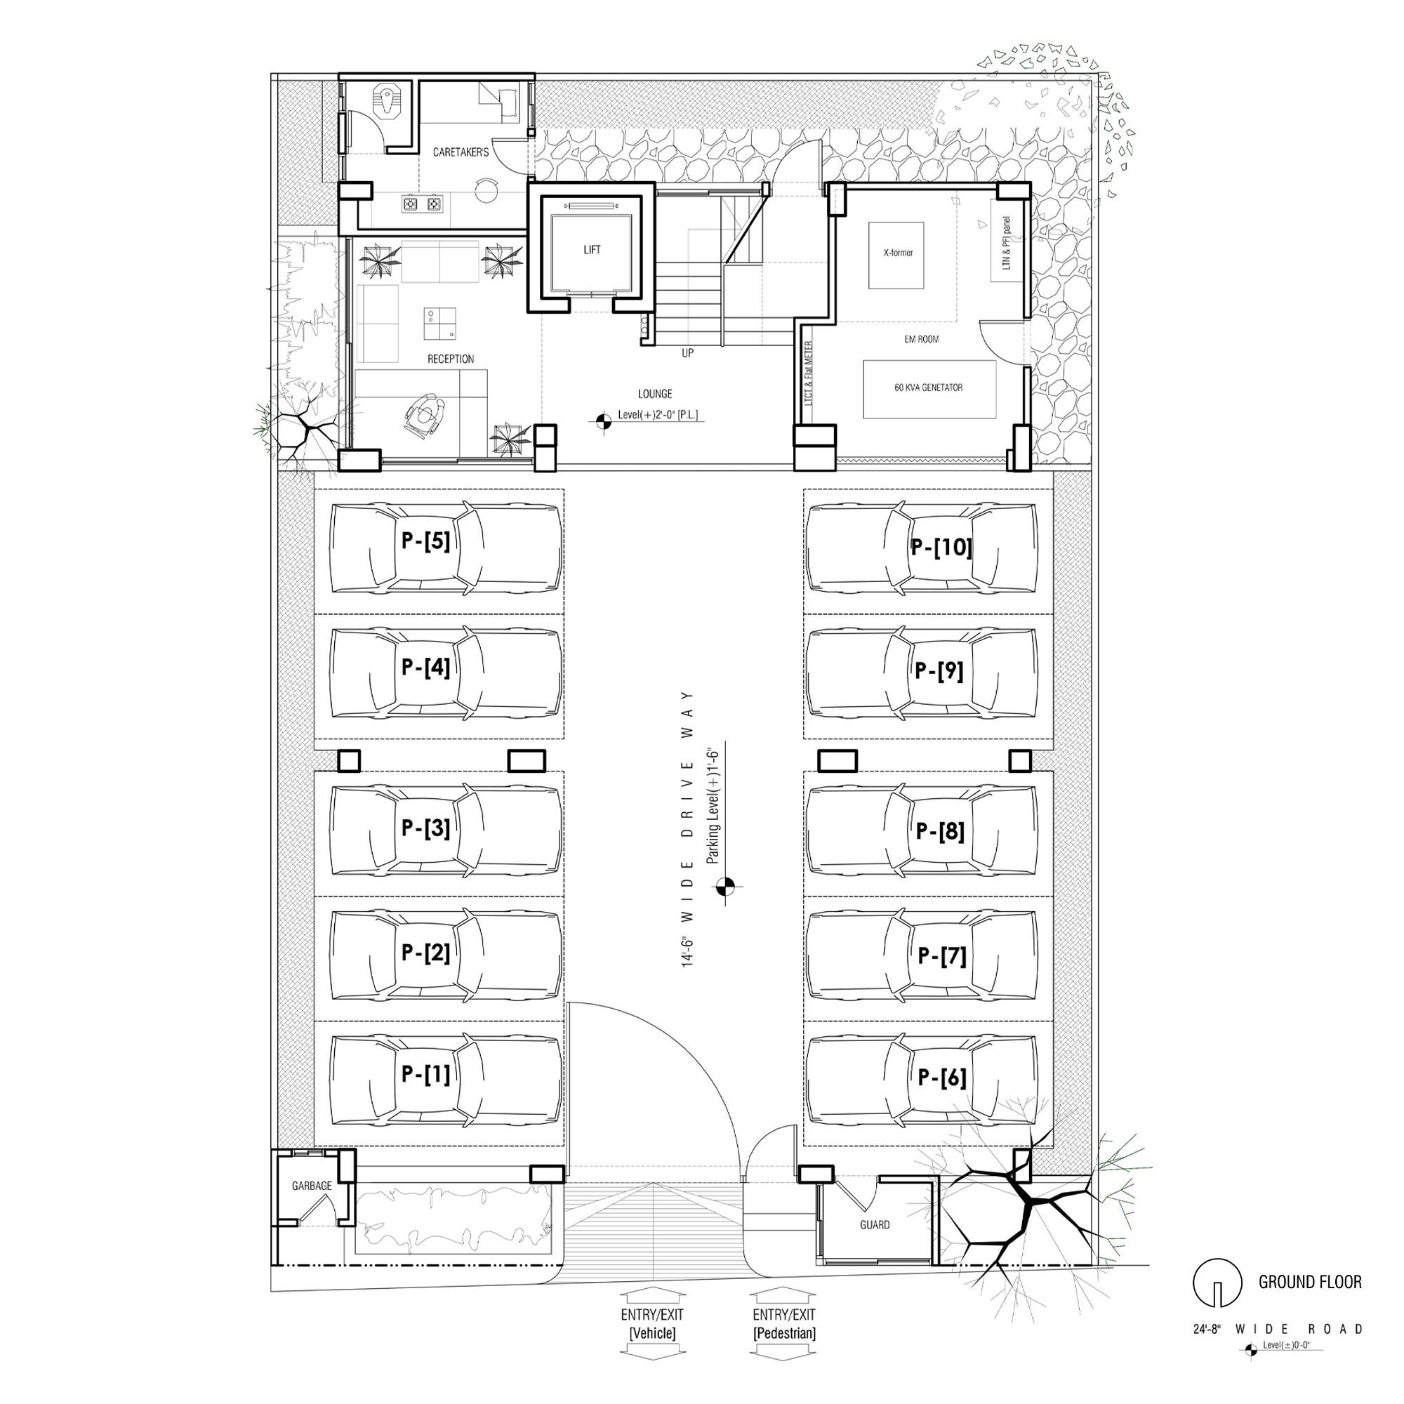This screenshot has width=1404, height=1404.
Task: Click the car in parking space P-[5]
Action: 446,548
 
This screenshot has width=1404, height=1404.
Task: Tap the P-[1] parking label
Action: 426,1074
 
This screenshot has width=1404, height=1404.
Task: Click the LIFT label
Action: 592,250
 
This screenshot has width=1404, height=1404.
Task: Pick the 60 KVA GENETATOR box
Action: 929,389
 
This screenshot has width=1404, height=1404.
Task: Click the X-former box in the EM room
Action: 896,254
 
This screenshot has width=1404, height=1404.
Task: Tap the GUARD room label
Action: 874,1224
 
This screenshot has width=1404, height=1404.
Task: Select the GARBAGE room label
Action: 312,1185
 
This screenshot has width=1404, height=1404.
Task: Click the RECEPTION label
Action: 451,359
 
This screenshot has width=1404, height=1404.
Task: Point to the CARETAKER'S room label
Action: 461,152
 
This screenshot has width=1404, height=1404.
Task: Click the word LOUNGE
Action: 655,394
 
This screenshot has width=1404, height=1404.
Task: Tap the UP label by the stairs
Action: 687,353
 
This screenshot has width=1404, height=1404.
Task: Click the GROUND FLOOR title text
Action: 1310,1282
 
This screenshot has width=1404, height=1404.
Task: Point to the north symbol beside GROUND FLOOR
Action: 1217,1283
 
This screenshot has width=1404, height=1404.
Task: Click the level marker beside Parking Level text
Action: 725,885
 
